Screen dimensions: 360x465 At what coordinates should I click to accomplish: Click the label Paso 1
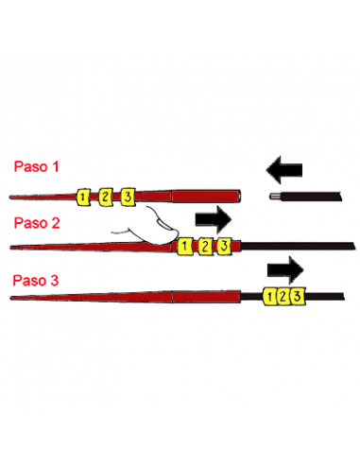click(x=36, y=166)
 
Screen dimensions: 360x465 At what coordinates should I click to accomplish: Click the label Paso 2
click(x=37, y=223)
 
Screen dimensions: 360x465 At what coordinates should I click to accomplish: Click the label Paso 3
click(x=36, y=280)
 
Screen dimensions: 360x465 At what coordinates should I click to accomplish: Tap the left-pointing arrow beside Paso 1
click(x=284, y=170)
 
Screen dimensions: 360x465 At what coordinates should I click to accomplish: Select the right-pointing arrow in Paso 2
click(x=214, y=219)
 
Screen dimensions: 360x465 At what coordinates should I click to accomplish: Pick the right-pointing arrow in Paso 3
click(x=285, y=270)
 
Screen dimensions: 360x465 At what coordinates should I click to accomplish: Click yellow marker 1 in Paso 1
click(x=83, y=198)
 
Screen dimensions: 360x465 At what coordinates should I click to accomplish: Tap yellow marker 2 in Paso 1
click(x=105, y=198)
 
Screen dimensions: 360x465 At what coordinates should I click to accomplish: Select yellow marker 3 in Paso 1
click(x=128, y=198)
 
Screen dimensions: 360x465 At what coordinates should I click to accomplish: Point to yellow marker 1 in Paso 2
click(x=185, y=247)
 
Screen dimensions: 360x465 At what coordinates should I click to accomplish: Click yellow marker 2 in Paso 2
click(x=205, y=246)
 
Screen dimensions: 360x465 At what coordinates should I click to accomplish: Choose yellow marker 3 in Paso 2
click(x=225, y=246)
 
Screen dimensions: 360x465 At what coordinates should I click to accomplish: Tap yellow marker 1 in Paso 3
click(x=269, y=297)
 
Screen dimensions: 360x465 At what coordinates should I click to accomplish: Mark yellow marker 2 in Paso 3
click(x=283, y=297)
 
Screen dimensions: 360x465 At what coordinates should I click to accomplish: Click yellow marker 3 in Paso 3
click(x=298, y=296)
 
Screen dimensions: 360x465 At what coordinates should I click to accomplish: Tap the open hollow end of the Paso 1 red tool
click(x=239, y=196)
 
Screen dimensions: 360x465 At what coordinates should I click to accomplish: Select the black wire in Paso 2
click(x=298, y=246)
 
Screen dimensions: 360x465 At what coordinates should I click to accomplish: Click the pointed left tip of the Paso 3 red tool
click(x=11, y=298)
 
